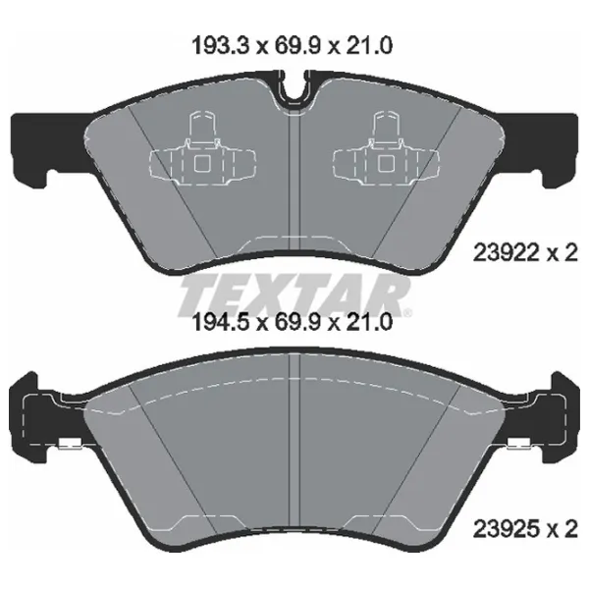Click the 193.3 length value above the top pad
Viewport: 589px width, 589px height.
[x=221, y=46]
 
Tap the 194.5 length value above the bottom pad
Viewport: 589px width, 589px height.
[x=221, y=322]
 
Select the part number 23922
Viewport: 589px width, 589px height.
[x=508, y=253]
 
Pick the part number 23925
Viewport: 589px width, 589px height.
[x=508, y=529]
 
